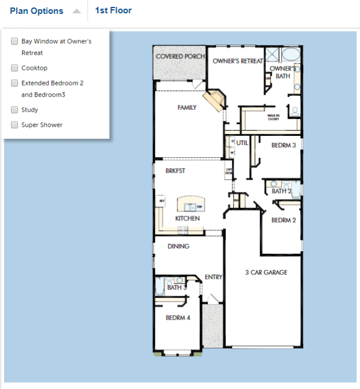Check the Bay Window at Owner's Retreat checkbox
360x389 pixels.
coord(14,42)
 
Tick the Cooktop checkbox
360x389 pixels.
coord(14,68)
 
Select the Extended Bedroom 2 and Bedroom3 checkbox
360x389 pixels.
coord(14,83)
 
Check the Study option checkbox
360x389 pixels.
coord(14,110)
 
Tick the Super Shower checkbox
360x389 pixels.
coord(14,125)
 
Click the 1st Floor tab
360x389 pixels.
coord(113,10)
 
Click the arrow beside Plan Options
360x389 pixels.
coord(76,11)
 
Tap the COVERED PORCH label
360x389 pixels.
coord(180,57)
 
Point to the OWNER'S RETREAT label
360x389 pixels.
coord(237,61)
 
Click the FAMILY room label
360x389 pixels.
coord(187,108)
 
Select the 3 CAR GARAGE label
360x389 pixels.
coord(266,272)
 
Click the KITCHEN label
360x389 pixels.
coord(187,218)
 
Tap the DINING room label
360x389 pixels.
coord(178,246)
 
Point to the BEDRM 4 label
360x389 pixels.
coord(178,317)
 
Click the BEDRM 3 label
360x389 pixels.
coord(284,145)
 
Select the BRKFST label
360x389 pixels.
coord(175,171)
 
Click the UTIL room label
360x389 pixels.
coord(242,143)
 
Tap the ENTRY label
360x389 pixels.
coord(213,277)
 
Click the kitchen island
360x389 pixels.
coord(190,205)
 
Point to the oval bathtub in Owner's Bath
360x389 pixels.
coord(291,55)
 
